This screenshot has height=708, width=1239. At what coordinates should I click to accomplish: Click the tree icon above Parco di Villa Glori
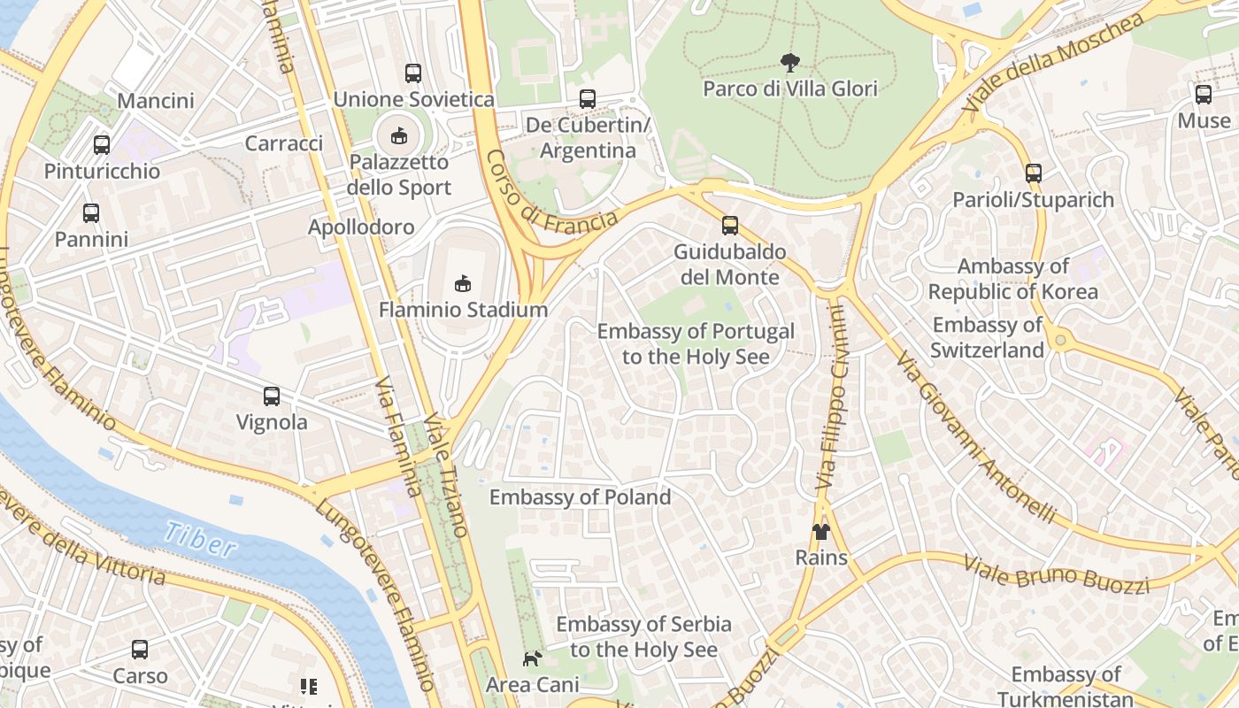(x=789, y=62)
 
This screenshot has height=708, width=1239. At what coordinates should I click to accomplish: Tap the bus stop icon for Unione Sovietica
(x=413, y=73)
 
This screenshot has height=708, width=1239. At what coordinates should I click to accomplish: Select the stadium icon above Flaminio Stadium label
(x=462, y=283)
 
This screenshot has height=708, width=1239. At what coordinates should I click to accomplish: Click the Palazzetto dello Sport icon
(x=399, y=135)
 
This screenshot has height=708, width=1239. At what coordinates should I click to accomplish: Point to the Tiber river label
(x=199, y=539)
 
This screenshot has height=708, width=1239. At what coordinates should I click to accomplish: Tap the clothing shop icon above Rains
(x=821, y=531)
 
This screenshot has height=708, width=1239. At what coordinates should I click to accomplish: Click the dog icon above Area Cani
(x=532, y=658)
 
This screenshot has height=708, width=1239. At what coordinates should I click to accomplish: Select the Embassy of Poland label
(x=580, y=497)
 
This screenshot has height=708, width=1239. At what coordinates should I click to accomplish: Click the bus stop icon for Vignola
(x=272, y=396)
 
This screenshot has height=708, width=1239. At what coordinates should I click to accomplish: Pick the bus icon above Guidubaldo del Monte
(x=730, y=225)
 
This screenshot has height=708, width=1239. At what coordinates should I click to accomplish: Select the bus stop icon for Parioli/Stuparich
(x=1033, y=173)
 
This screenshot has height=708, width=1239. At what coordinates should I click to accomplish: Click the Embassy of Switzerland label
(x=987, y=337)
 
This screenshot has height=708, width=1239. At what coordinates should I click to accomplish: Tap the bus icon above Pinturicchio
(x=102, y=144)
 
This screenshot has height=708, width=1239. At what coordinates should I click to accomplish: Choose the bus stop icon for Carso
(x=140, y=650)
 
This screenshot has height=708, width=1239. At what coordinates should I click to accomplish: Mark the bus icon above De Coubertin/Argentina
(x=588, y=99)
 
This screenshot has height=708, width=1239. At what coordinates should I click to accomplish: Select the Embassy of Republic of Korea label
(x=1012, y=279)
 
